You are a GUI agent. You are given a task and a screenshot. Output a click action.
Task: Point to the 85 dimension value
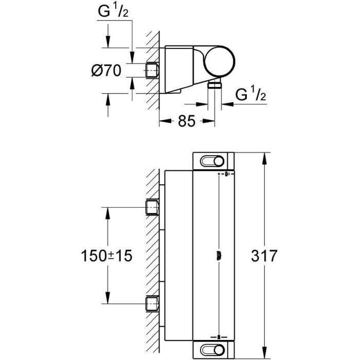186,122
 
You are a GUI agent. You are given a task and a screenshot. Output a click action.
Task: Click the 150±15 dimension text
106,256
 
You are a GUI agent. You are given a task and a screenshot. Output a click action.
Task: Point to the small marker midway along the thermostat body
220,255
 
